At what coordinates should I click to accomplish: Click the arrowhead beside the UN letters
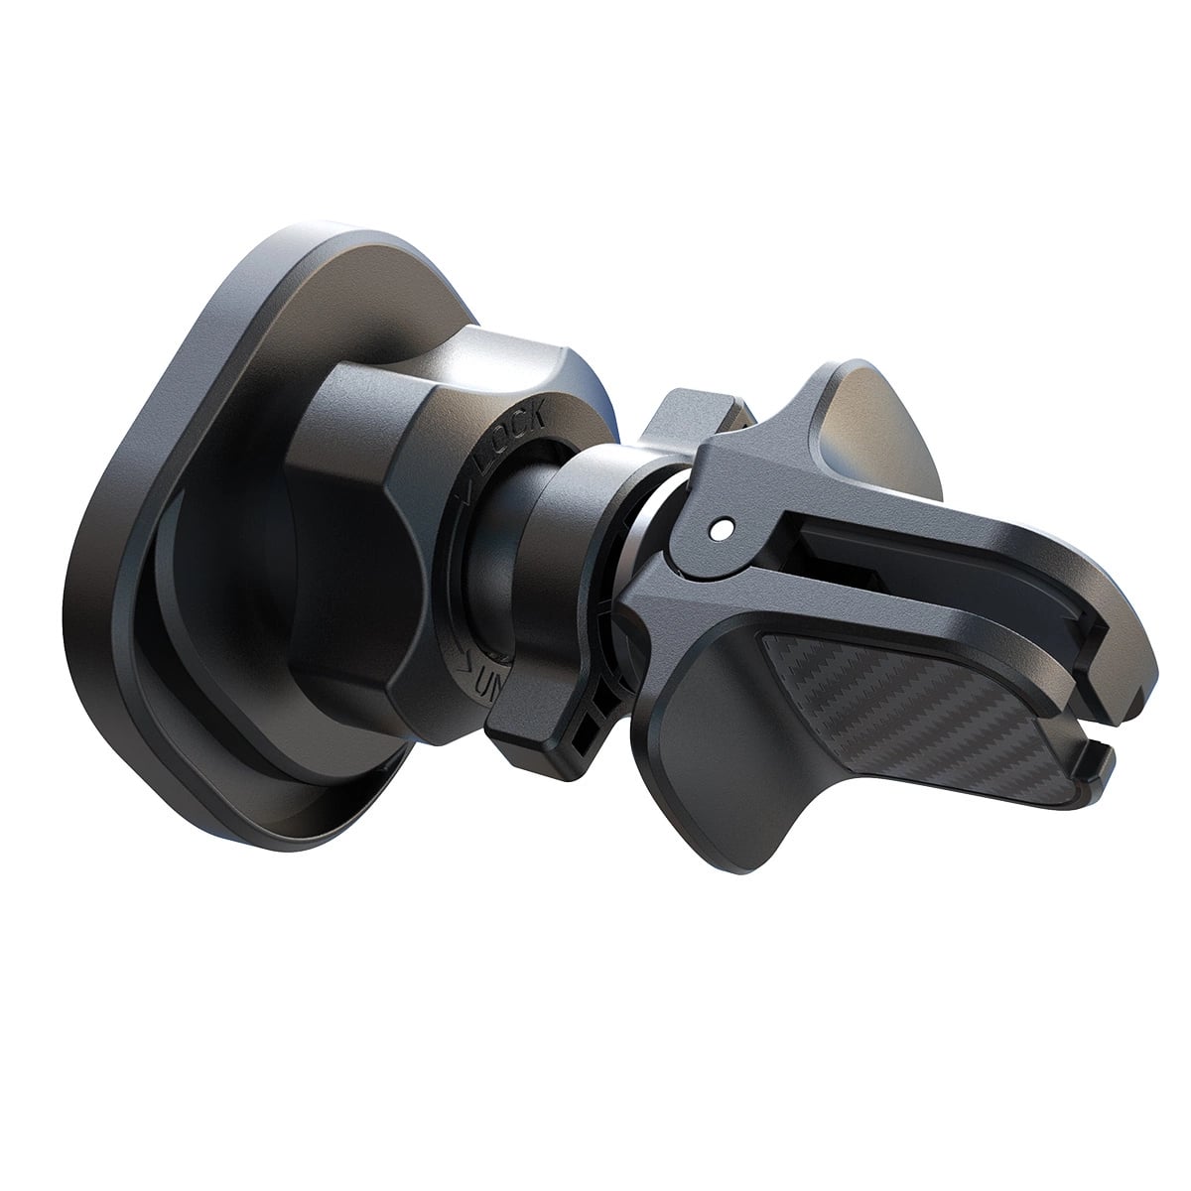pos(466,656)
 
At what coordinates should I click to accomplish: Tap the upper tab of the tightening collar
pos(685,417)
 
